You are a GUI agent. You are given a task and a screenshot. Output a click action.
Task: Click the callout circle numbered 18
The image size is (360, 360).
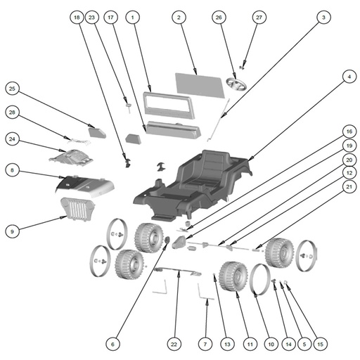pos(77,18)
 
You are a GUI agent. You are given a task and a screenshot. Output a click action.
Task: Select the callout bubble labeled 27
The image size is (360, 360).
pos(259,18)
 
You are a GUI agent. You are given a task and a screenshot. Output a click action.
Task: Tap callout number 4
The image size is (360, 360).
pos(349,77)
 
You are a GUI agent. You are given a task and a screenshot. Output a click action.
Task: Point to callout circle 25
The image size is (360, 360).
pos(12,89)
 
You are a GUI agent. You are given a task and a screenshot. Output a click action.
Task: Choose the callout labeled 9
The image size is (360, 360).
pos(12,231)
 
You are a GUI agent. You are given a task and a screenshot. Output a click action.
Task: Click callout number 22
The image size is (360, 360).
pos(174,344)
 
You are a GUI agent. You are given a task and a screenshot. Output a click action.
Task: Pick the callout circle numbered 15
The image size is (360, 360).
pos(320,344)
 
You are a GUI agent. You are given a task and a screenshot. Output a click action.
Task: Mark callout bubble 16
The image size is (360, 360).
pos(349,131)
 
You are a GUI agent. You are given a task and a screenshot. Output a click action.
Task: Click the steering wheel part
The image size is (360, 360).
pos(236,85)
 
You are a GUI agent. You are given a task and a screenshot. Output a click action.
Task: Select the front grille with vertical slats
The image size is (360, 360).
pos(77,209)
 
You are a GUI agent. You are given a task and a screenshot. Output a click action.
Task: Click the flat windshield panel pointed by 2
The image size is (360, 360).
pos(200,85)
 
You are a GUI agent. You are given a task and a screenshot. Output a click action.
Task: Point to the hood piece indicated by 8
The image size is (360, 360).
pos(85,186)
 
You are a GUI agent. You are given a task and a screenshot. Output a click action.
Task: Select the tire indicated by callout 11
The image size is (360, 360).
pos(233,276)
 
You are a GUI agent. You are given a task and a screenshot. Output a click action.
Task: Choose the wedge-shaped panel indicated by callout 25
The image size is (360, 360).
pos(97,132)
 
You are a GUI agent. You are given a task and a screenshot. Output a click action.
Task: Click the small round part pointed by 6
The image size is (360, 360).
pos(167,240)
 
